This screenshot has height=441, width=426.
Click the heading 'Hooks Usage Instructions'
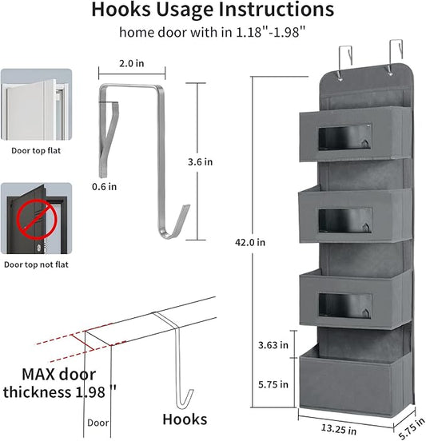212,10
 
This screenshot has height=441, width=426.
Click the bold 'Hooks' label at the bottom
185,419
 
